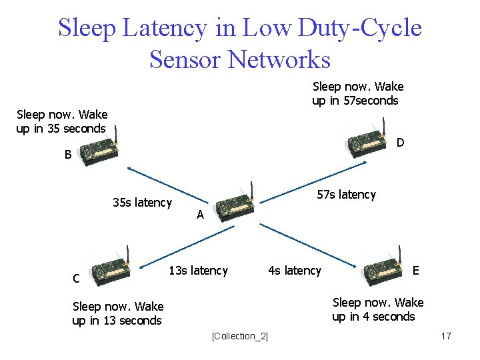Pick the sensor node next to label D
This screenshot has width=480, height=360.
point(367,141)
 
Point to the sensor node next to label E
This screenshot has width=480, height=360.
point(383,270)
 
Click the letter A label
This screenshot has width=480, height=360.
point(200,215)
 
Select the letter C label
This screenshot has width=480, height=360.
point(77,278)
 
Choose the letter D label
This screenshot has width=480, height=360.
point(400,143)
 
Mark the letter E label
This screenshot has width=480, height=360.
point(416,270)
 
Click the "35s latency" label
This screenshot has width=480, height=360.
point(142,203)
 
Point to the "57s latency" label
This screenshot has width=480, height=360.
point(346,194)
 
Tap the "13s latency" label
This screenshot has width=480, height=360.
point(198,270)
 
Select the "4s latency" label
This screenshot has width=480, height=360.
point(294,270)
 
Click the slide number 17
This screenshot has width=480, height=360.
point(446,336)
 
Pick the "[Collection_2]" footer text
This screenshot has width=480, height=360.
point(239,336)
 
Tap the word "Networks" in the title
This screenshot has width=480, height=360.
point(279,59)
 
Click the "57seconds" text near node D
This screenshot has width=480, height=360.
point(369,101)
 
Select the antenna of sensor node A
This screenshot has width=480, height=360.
point(251,188)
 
